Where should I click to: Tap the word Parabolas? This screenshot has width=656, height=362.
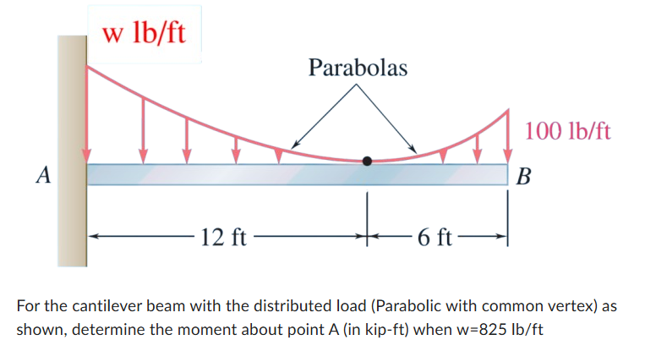pos(358,67)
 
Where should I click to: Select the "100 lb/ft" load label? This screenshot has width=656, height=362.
pos(568,131)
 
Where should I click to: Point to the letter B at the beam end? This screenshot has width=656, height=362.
pos(524,178)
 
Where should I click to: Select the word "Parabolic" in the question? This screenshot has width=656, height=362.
pos(403,305)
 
